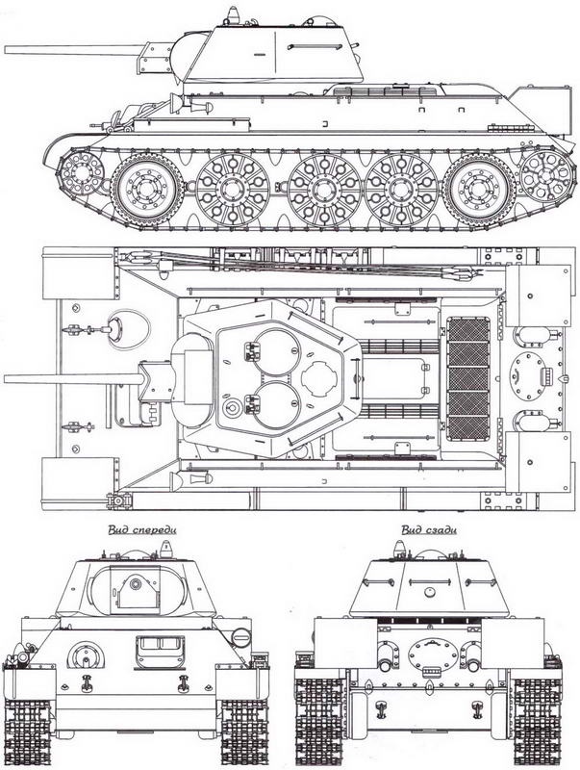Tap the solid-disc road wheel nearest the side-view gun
pos(146,187)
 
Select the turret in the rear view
pos(423,587)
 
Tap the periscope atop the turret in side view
pos(234,16)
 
